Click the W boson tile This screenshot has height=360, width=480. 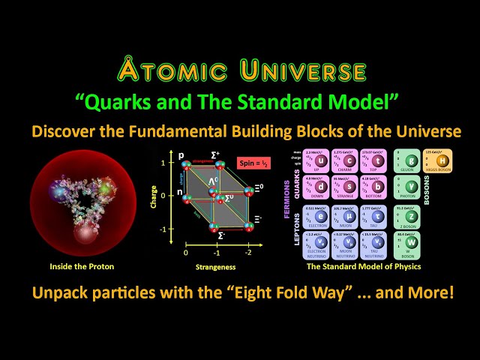click(410, 243)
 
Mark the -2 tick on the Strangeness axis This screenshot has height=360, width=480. click(249, 254)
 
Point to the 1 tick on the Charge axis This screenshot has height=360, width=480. click(172, 163)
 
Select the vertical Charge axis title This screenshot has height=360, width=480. click(154, 203)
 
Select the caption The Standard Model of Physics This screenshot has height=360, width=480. click(364, 266)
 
